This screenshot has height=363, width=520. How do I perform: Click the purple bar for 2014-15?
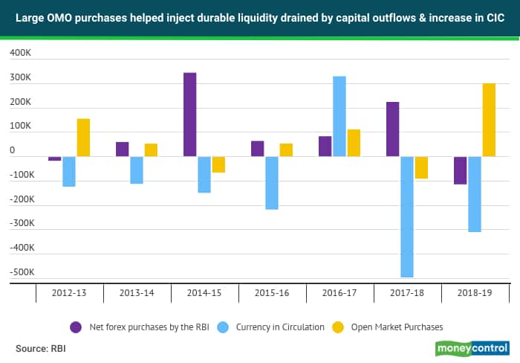pos(189,115)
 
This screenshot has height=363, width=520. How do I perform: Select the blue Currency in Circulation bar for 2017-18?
pos(407,216)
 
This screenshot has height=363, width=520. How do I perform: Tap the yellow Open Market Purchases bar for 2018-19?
pos(489,120)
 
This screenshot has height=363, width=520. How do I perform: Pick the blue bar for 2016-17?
pos(339,116)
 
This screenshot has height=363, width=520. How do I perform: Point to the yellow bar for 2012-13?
pos(83,138)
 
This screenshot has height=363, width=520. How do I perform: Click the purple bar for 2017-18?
pos(393,129)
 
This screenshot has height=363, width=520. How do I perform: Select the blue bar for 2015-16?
pos(272,183)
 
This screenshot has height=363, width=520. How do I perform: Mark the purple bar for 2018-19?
pos(461,170)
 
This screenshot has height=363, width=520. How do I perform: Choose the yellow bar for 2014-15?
pos(218,164)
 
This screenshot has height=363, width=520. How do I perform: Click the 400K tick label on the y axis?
pos(20,54)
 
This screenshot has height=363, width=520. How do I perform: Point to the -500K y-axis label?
pos(19,272)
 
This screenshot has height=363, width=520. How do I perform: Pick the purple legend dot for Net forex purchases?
pos(76,326)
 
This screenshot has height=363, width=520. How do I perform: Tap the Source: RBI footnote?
pos(39,347)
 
